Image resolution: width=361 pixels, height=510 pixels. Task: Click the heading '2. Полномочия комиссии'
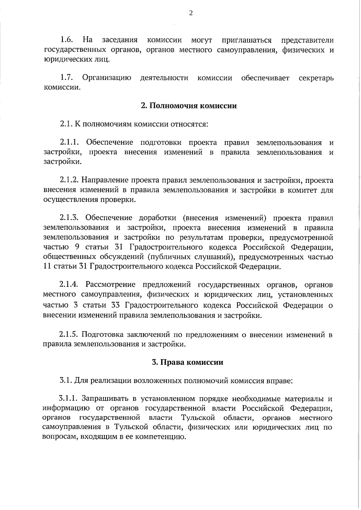click(x=189, y=106)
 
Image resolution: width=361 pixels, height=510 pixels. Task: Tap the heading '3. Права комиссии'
click(x=187, y=362)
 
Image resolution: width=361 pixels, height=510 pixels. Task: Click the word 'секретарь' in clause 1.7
click(x=316, y=78)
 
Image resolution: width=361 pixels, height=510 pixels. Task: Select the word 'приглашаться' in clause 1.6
click(x=246, y=40)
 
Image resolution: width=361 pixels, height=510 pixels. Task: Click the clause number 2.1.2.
click(x=69, y=181)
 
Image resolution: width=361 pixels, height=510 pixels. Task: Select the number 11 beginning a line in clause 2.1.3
click(x=47, y=266)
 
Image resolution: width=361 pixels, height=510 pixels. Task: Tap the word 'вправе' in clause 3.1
click(x=279, y=381)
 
